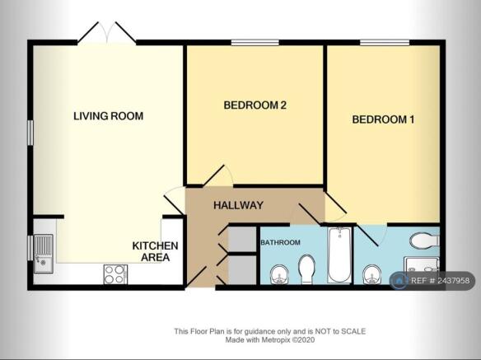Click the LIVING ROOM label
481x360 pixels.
pos(108,116)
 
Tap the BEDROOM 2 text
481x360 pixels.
pos(255,105)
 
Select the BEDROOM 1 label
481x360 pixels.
pos(383,119)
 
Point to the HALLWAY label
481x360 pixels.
pos(238,205)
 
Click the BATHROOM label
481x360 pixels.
pos(280,242)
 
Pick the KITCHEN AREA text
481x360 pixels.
pos(155,251)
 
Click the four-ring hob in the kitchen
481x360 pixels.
pos(115,274)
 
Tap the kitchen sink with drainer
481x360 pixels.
pos(44,254)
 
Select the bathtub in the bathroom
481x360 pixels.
pos(339,255)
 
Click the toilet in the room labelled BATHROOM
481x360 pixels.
pos(307,269)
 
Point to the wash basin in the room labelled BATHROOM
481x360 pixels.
pos(279,274)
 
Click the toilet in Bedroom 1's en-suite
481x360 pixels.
pos(424,241)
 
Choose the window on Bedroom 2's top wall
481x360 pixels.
pos(255,43)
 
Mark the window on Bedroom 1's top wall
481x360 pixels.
pos(385,43)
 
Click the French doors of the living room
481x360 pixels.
pos(107,32)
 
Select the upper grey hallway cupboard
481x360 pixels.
pos(242,239)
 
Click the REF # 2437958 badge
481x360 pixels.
pos(432,281)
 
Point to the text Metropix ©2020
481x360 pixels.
pos(287,339)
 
